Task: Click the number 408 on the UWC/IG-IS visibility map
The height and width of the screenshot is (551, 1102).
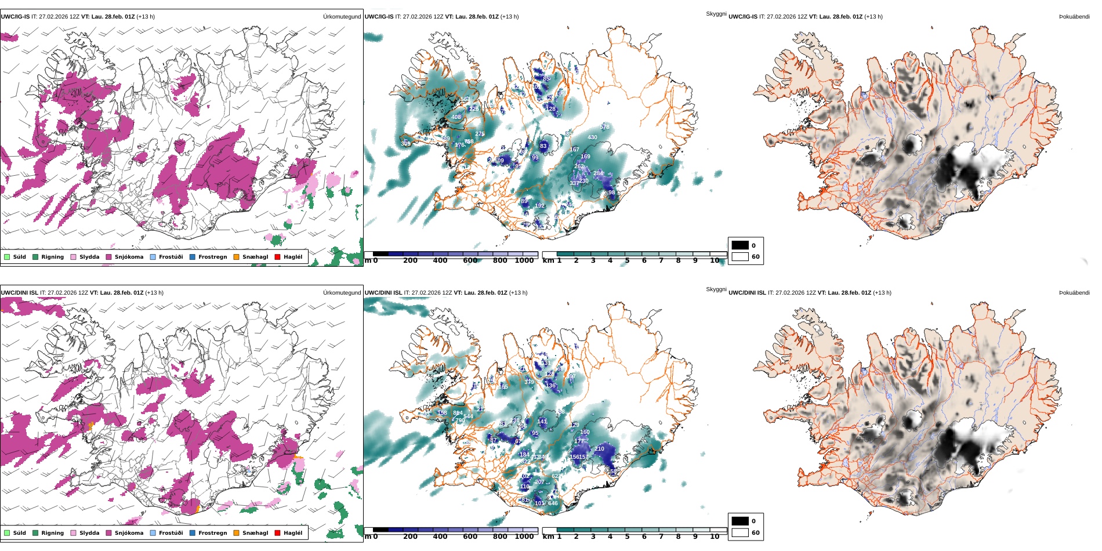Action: (456, 117)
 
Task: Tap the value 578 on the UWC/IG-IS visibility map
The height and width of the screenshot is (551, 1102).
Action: (605, 127)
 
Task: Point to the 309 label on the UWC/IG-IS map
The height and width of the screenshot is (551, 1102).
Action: (405, 144)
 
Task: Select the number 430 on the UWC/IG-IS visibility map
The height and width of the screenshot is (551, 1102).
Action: (592, 137)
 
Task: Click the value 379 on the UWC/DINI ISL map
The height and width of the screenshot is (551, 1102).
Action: (529, 382)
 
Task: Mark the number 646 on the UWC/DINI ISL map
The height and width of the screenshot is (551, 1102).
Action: (553, 503)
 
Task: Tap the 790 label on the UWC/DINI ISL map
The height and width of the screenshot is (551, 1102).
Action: (460, 420)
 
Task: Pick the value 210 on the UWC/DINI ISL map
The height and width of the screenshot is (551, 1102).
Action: (600, 449)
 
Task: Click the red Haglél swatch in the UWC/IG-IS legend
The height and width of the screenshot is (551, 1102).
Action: (277, 257)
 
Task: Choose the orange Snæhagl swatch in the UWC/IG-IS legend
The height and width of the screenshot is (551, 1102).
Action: (236, 257)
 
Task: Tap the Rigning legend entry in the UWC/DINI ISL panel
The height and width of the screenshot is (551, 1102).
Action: (48, 533)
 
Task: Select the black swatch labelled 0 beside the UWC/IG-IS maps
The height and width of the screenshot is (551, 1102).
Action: (740, 245)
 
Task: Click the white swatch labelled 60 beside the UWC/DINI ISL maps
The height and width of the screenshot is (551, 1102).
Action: (740, 532)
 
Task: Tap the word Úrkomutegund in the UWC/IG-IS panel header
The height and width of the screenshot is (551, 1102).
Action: (342, 17)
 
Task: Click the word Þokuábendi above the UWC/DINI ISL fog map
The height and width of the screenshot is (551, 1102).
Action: (1074, 293)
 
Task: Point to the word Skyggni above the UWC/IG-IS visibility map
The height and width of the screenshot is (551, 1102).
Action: (716, 14)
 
